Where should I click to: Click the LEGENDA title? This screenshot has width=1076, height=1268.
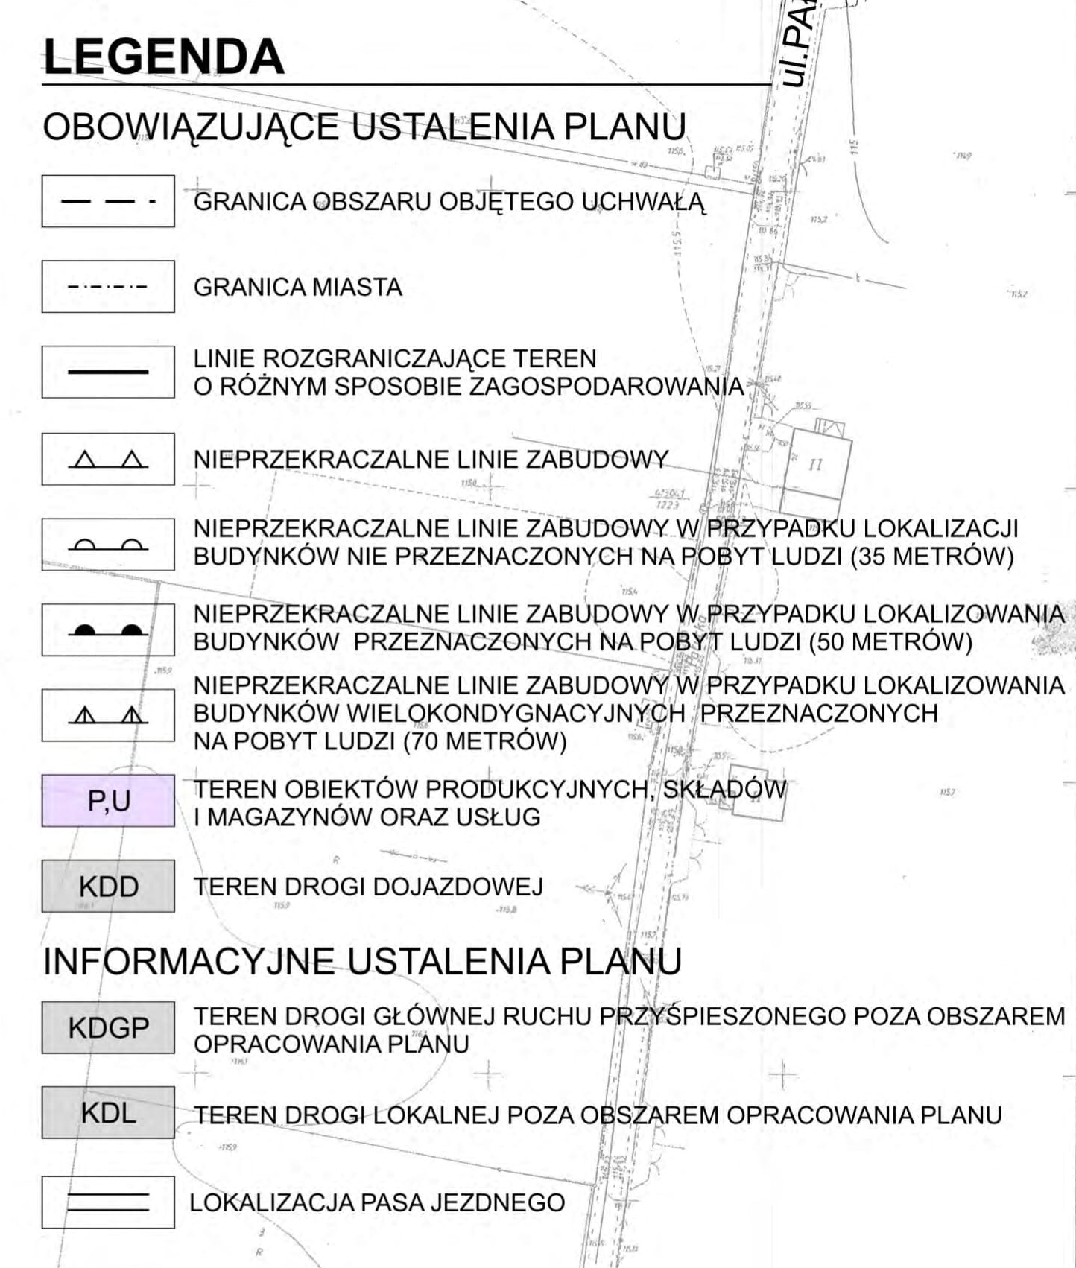coord(164,57)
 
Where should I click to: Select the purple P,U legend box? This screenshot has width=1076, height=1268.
coord(108,801)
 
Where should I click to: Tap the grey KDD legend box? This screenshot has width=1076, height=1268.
coord(108,887)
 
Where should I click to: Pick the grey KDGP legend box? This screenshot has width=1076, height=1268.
coord(108,1028)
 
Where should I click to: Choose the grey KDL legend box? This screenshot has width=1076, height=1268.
coord(108,1113)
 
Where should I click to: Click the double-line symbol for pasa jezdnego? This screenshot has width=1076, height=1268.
coord(108,1202)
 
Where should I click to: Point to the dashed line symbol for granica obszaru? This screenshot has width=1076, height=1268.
coord(108,201)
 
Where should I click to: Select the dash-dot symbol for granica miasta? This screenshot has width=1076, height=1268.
coord(108,287)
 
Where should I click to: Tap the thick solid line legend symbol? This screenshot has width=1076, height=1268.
coord(108,372)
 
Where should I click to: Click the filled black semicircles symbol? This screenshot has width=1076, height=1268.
coord(108,630)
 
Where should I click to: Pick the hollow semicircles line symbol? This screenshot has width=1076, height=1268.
coord(108,545)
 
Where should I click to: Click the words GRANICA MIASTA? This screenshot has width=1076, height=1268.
coord(297,288)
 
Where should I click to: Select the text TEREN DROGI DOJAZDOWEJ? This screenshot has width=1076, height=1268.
coord(368,887)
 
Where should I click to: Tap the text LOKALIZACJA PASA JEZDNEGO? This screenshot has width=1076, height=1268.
coord(377,1202)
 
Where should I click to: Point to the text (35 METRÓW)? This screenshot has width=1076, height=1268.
coord(931,557)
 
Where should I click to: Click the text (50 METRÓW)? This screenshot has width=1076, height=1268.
coord(890,641)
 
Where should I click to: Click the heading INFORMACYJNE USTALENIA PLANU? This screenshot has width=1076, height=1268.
coord(362,961)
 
